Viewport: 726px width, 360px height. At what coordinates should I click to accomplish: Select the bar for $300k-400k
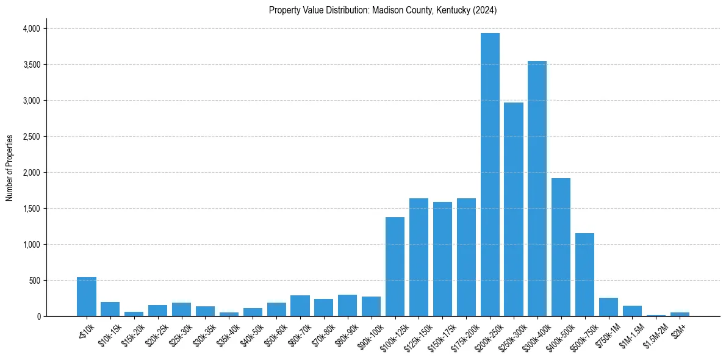click(x=537, y=189)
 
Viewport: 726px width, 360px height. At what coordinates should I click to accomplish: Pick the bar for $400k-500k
click(x=561, y=247)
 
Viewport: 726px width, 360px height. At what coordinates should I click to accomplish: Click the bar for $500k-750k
click(x=584, y=275)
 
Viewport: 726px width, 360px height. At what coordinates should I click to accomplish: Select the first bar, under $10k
click(x=87, y=297)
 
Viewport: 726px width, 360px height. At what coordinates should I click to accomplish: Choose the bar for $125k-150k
click(x=419, y=257)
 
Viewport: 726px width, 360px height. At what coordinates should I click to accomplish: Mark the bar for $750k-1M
click(x=608, y=307)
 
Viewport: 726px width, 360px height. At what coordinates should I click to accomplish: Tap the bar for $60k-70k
click(x=300, y=306)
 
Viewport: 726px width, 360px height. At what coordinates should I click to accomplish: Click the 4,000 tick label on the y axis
click(x=31, y=29)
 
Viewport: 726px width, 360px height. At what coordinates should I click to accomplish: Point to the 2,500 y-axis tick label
click(x=31, y=137)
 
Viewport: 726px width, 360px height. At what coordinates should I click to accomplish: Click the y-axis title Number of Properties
click(x=10, y=167)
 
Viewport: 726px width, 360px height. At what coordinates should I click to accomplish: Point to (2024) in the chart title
click(x=486, y=10)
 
